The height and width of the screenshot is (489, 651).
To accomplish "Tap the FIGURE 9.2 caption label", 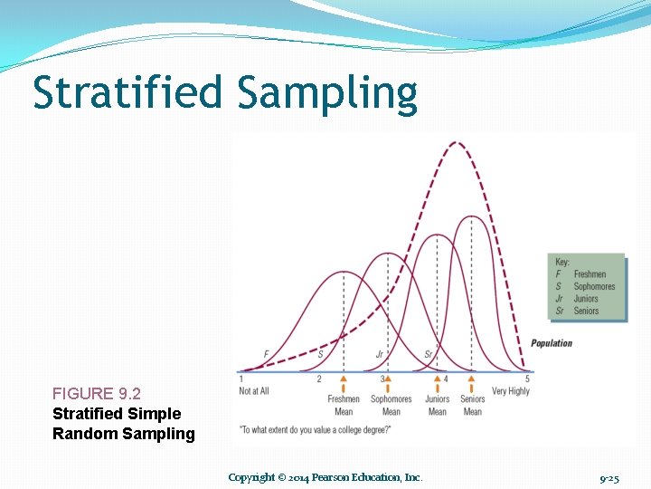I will click(97, 394).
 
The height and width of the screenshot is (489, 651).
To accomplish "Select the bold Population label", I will click(552, 343).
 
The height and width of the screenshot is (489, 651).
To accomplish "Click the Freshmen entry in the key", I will click(590, 274).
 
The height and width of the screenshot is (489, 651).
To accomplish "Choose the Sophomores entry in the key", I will click(594, 286).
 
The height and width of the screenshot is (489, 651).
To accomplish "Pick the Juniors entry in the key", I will click(586, 299).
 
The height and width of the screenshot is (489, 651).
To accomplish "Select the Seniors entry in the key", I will click(586, 311).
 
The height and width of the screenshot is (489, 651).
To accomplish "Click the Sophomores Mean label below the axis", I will click(392, 405).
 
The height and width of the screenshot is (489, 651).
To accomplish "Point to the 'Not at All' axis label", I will click(254, 391).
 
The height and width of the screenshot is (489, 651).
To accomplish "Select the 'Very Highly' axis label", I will click(511, 391).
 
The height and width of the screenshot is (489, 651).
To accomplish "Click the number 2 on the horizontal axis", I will click(318, 379).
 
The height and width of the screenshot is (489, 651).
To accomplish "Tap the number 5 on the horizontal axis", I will click(526, 379).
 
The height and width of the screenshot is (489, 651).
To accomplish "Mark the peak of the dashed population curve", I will click(458, 143).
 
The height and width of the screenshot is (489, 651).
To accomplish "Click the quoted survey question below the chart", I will click(316, 429).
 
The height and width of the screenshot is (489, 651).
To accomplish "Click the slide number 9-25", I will click(609, 477).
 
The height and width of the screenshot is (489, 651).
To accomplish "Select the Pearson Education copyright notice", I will click(325, 477).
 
